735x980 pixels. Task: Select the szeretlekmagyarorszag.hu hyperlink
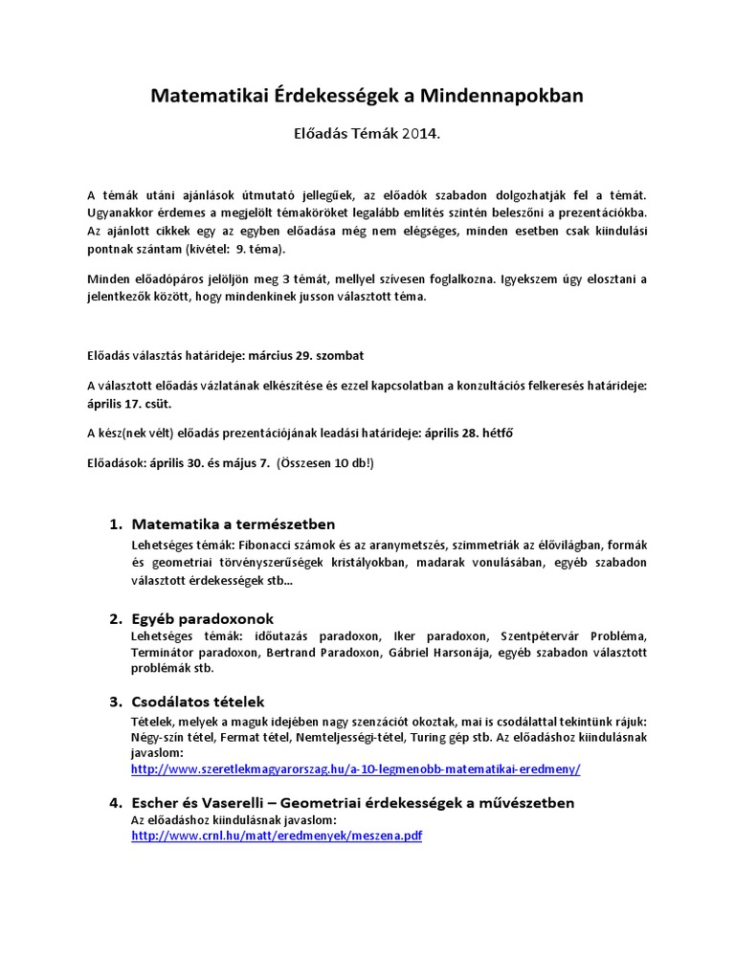point(355,768)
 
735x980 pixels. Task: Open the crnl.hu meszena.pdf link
point(277,835)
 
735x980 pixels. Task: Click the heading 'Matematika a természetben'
point(233,523)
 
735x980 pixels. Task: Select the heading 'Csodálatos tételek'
point(197,702)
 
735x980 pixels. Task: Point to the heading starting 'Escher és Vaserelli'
point(352,802)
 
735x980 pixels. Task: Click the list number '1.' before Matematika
point(116,523)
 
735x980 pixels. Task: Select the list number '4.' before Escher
point(116,802)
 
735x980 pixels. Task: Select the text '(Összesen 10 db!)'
point(325,462)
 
